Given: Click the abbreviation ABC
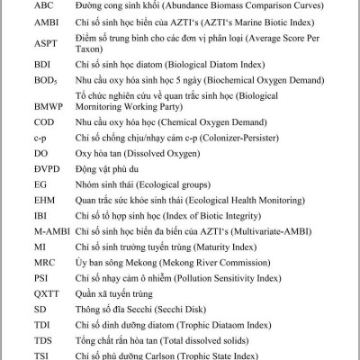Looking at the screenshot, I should point(43,4).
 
